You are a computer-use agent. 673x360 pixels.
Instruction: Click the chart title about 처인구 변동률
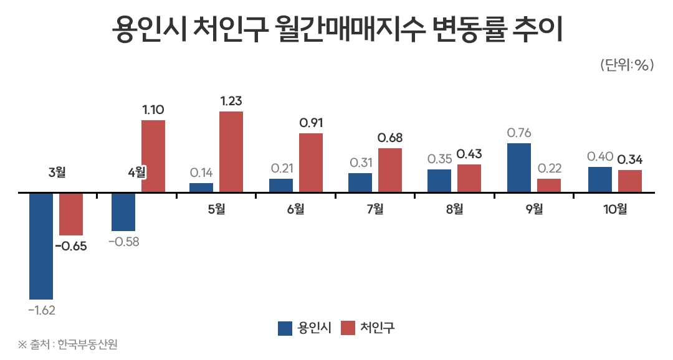337,29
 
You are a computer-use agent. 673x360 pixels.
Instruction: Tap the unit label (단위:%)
626,65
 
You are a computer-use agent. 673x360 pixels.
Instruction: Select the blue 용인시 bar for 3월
41,245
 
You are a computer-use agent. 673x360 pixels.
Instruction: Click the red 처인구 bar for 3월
71,214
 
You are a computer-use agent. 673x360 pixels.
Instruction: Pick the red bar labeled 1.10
153,156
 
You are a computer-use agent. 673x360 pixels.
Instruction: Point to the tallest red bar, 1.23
231,152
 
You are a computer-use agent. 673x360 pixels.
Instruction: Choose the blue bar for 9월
518,168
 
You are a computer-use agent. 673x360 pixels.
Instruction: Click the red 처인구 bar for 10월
629,181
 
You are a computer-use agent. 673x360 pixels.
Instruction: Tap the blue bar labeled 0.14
201,187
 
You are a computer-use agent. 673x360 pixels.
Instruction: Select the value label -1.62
41,310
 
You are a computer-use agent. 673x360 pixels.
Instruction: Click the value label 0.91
311,123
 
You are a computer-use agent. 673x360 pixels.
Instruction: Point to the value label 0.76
518,133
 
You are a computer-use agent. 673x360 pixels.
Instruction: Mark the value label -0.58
123,242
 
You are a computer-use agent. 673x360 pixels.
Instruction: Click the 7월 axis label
375,209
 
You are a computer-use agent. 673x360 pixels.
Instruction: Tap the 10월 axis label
615,209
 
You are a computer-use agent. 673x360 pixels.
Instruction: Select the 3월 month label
57,171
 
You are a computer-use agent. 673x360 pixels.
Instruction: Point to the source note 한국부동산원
68,344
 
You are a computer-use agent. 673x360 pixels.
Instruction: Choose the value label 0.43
469,154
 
